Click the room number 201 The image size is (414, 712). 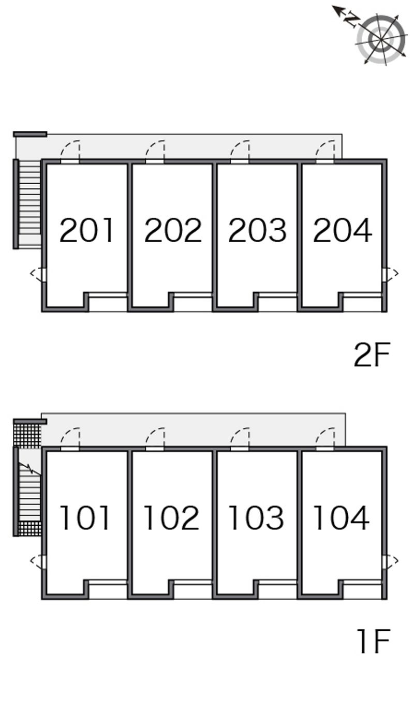point(86,231)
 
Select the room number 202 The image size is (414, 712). point(172,231)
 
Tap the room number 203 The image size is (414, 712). point(257,231)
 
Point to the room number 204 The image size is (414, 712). point(343,231)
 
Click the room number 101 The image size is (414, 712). point(85,518)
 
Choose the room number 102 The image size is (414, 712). point(171,518)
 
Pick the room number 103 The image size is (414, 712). point(256,518)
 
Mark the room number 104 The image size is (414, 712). point(341,518)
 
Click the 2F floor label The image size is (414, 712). point(371,355)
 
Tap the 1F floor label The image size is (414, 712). point(373,642)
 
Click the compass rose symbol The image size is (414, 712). point(381,39)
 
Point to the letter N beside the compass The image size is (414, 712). point(351,20)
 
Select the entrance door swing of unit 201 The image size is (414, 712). point(71,151)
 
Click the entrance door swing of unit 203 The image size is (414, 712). point(240,151)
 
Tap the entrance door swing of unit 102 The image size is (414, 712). point(155,438)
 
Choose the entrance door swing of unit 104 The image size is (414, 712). point(325,438)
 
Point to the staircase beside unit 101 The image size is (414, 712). point(29,492)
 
